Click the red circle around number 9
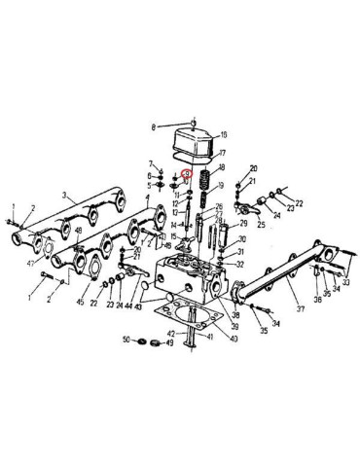pos(187,176)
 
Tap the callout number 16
pos(223,135)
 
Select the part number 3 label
pos(63,197)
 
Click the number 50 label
pos(126,340)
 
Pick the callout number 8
pos(154,127)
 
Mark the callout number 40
pos(233,339)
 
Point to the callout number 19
pos(223,185)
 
